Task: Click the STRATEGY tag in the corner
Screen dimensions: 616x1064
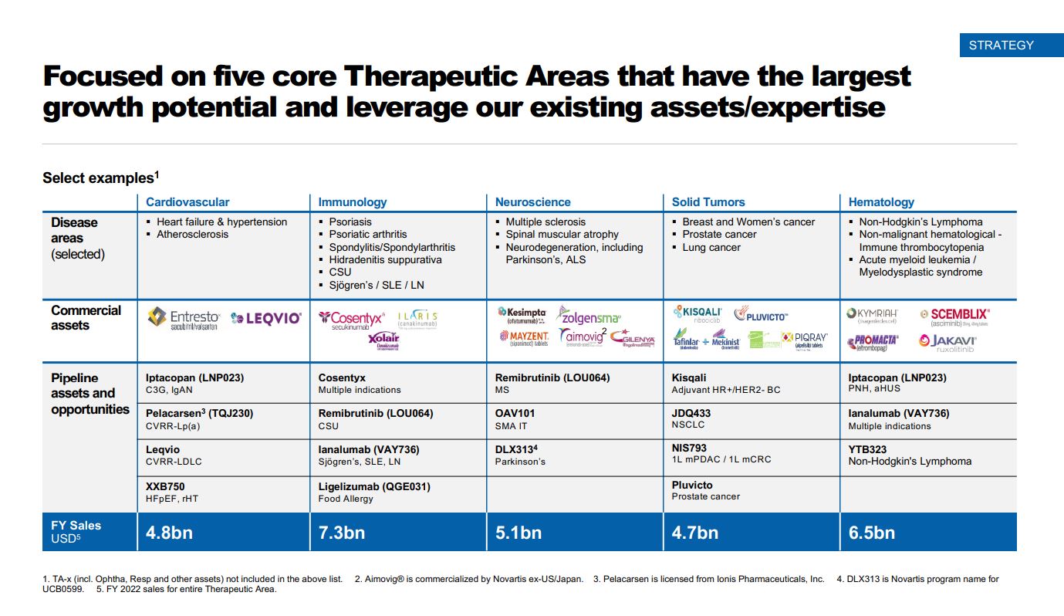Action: pos(1001,45)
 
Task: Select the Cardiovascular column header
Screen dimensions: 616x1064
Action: pos(187,202)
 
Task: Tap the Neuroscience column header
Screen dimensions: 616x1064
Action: pos(532,202)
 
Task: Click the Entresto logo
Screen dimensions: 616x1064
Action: pos(184,318)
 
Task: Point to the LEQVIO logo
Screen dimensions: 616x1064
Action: pos(266,318)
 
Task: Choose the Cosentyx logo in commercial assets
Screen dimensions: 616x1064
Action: pos(351,319)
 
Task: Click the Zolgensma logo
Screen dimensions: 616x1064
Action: pos(589,315)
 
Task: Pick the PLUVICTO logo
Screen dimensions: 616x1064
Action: pos(761,314)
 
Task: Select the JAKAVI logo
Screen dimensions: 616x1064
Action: pos(947,342)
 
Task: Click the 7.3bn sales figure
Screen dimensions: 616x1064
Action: pos(342,533)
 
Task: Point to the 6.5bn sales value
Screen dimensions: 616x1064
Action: pos(872,533)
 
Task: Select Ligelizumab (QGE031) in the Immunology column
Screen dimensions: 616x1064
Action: pos(374,486)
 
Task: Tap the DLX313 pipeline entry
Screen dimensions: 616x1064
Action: pos(516,449)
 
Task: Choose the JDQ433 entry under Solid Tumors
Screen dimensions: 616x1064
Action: pos(691,413)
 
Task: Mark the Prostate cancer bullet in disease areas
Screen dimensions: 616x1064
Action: pos(719,234)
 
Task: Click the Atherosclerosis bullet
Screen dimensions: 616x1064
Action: pos(192,234)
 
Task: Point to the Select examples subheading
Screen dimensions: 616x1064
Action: pos(100,178)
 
